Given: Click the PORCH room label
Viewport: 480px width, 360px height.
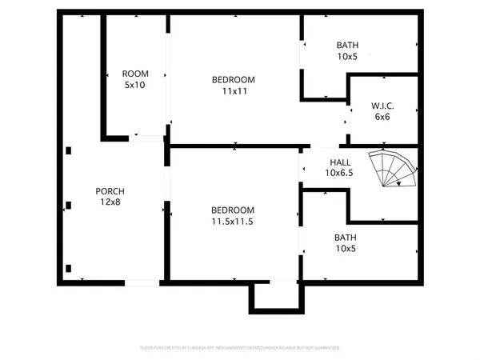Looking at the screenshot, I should (110, 191).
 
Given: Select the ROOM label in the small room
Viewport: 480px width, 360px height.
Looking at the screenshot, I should (134, 74).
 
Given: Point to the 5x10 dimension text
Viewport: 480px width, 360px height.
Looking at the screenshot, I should (134, 85).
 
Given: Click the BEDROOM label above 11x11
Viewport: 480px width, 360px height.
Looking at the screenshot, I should (233, 79).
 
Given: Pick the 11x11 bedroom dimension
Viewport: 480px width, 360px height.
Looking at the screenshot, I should (233, 91).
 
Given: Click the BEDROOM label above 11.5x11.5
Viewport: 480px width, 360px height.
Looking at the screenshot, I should (233, 210).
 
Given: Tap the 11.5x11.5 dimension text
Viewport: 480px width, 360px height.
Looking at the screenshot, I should (233, 221).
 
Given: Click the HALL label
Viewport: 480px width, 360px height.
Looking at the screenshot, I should (339, 161).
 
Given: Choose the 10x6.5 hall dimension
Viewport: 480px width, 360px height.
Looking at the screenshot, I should (339, 172).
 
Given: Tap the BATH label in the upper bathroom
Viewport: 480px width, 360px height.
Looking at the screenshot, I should (348, 46).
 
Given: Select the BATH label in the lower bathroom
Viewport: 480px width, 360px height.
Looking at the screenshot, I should (346, 238).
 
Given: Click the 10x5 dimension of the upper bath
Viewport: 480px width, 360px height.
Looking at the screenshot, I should (348, 57).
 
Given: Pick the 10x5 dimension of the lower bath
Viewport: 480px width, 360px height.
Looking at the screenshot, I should (346, 249).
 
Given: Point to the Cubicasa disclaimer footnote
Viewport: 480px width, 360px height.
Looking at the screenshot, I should (240, 348).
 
